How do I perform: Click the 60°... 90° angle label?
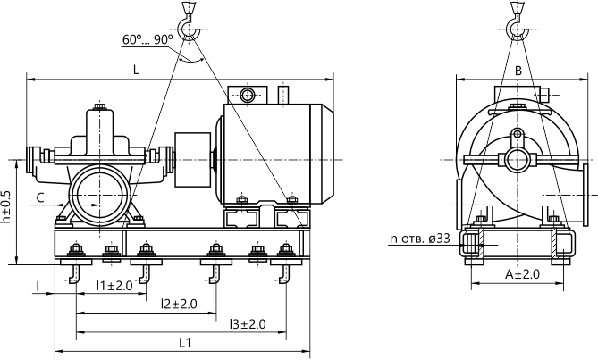pyautogui.click(x=147, y=39)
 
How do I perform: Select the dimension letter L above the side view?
pyautogui.click(x=136, y=70)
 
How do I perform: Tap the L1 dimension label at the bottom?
pyautogui.click(x=185, y=342)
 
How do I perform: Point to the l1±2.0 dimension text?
pyautogui.click(x=114, y=285)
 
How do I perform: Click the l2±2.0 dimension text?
pyautogui.click(x=179, y=304)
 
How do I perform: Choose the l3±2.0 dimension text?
pyautogui.click(x=248, y=324)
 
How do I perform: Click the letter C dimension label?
pyautogui.click(x=40, y=197)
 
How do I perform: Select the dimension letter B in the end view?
pyautogui.click(x=518, y=71)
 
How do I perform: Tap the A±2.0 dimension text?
pyautogui.click(x=523, y=274)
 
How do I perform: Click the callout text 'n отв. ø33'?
pyautogui.click(x=420, y=239)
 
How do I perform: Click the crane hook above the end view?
pyautogui.click(x=517, y=21)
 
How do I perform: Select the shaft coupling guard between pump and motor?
pyautogui.click(x=192, y=160)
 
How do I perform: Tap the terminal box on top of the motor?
pyautogui.click(x=247, y=95)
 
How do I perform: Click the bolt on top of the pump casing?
pyautogui.click(x=100, y=105)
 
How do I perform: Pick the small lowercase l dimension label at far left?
pyautogui.click(x=38, y=287)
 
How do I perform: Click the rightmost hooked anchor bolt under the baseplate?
pyautogui.click(x=285, y=274)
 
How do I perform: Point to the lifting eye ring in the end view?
pyautogui.click(x=518, y=134)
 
